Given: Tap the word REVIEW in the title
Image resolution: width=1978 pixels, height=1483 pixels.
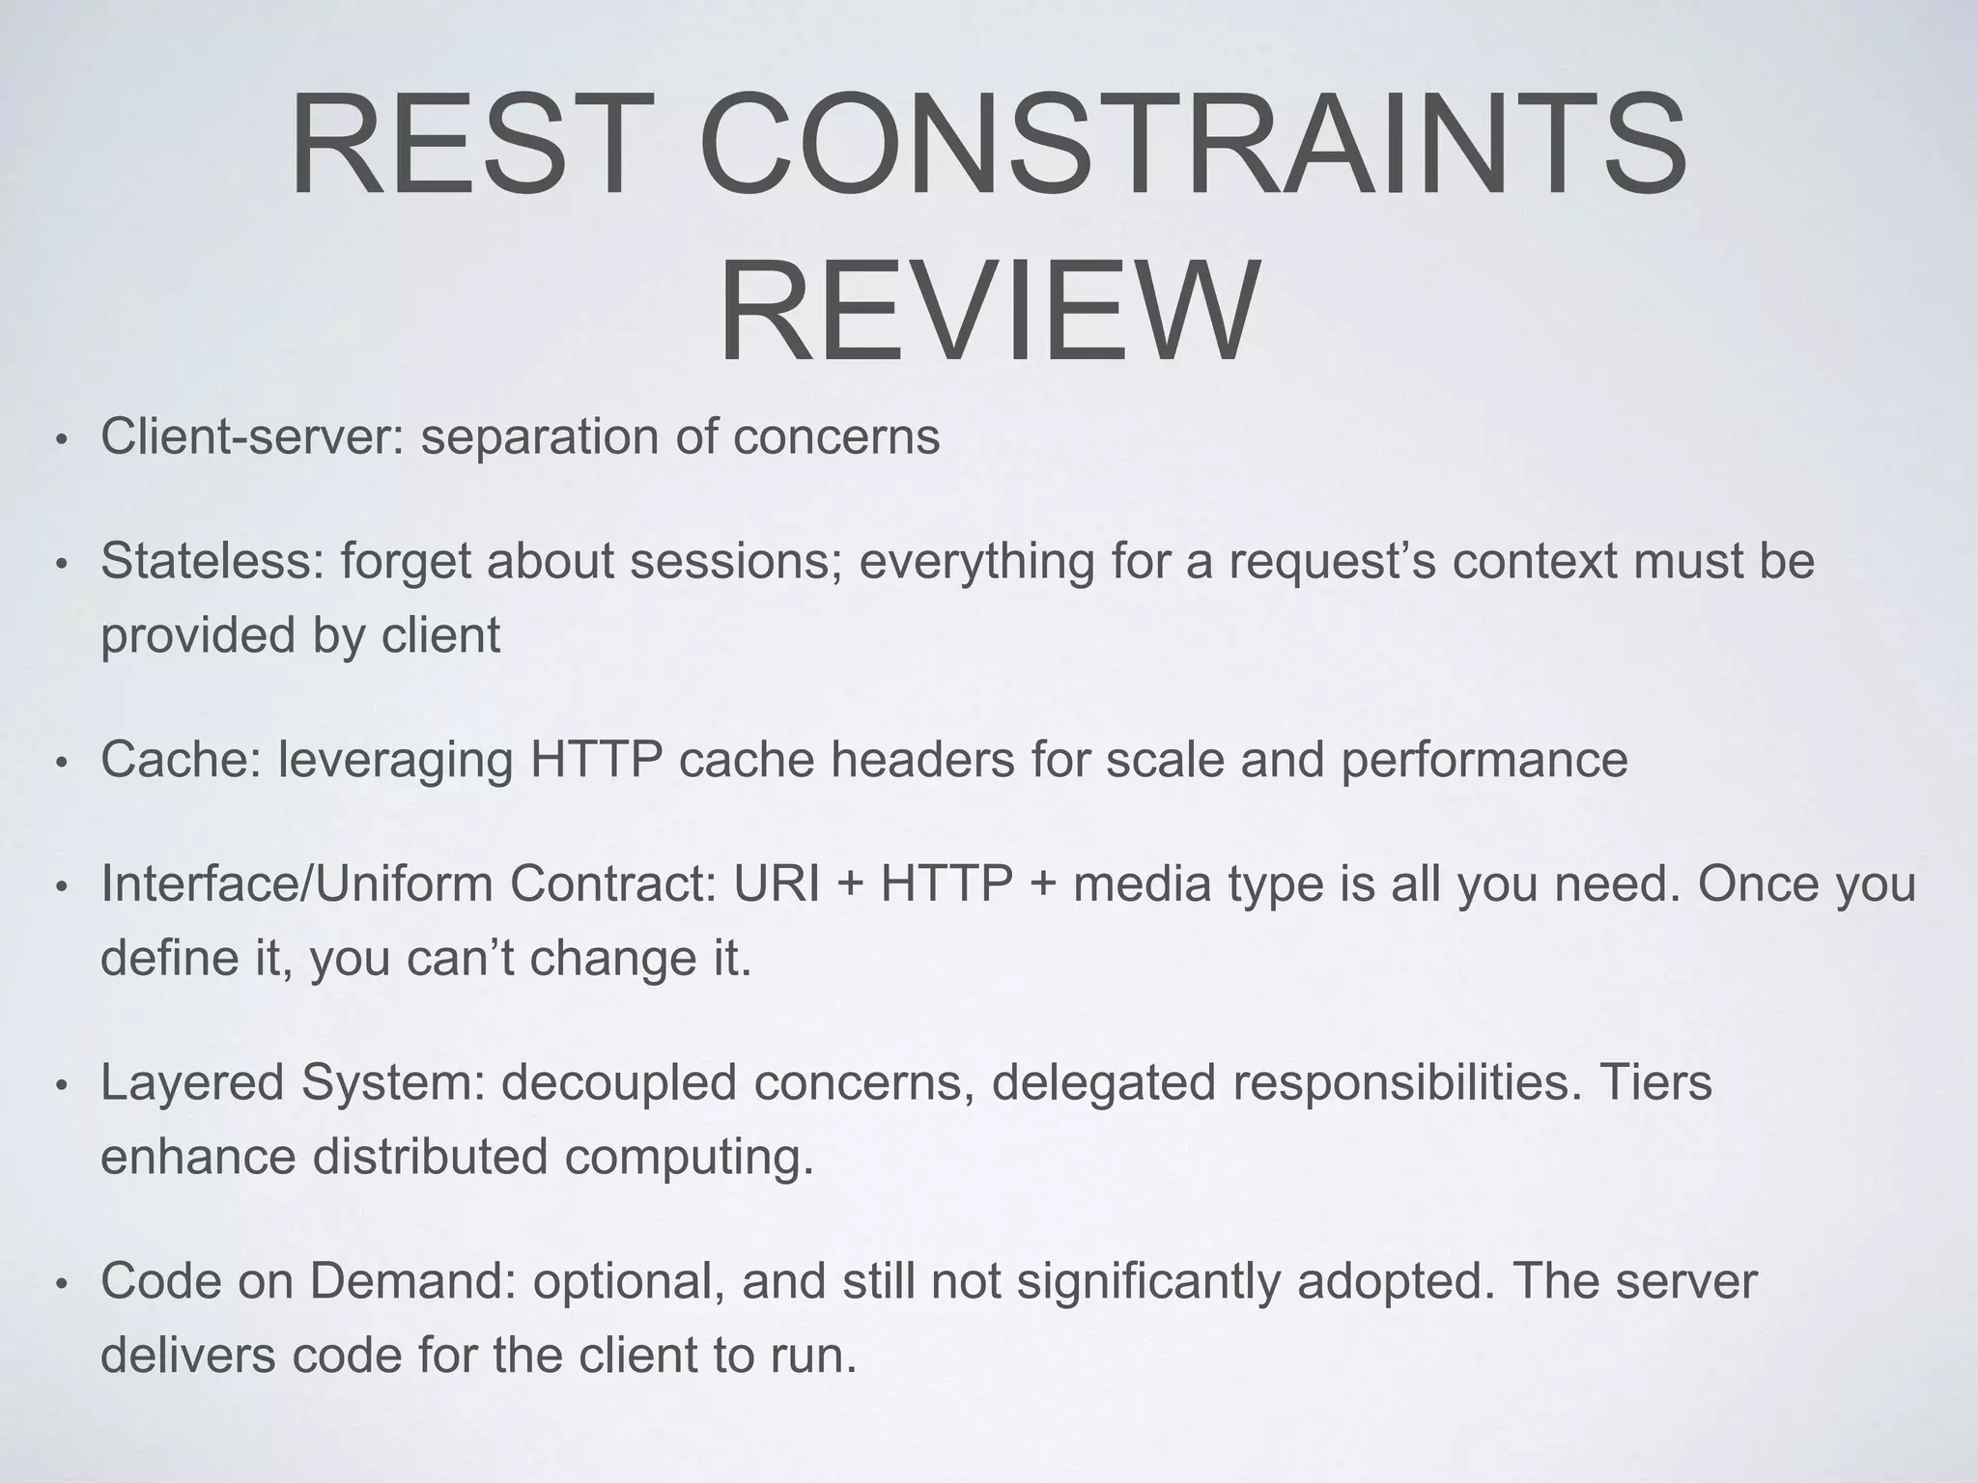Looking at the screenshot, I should pyautogui.click(x=989, y=311).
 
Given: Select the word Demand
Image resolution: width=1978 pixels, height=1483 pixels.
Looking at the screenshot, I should pyautogui.click(x=412, y=1281).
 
